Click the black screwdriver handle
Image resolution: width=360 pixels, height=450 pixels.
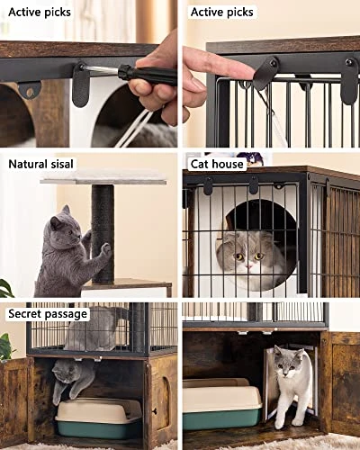[x=147, y=75]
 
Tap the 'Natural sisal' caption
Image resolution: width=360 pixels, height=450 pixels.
[x=40, y=164]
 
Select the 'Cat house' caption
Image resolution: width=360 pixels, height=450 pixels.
[x=217, y=164]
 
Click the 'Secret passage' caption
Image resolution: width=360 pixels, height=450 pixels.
[x=48, y=314]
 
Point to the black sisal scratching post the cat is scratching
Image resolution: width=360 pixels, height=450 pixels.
[x=103, y=234]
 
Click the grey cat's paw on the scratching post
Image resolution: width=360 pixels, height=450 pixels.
[x=105, y=249]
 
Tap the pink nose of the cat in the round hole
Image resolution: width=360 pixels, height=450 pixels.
[x=248, y=265]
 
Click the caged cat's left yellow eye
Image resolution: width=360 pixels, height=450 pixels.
[x=239, y=256]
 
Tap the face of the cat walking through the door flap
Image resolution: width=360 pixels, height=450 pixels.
[x=289, y=364]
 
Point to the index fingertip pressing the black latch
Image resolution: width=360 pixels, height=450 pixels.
[x=245, y=71]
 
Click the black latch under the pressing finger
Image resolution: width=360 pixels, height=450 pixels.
[x=265, y=72]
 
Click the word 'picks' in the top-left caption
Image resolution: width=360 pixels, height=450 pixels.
[x=57, y=13]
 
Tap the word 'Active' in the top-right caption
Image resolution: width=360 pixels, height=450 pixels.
[x=206, y=13]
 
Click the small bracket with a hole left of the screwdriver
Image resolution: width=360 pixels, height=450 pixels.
[x=30, y=90]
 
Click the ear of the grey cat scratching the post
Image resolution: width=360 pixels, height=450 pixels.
[x=66, y=210]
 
